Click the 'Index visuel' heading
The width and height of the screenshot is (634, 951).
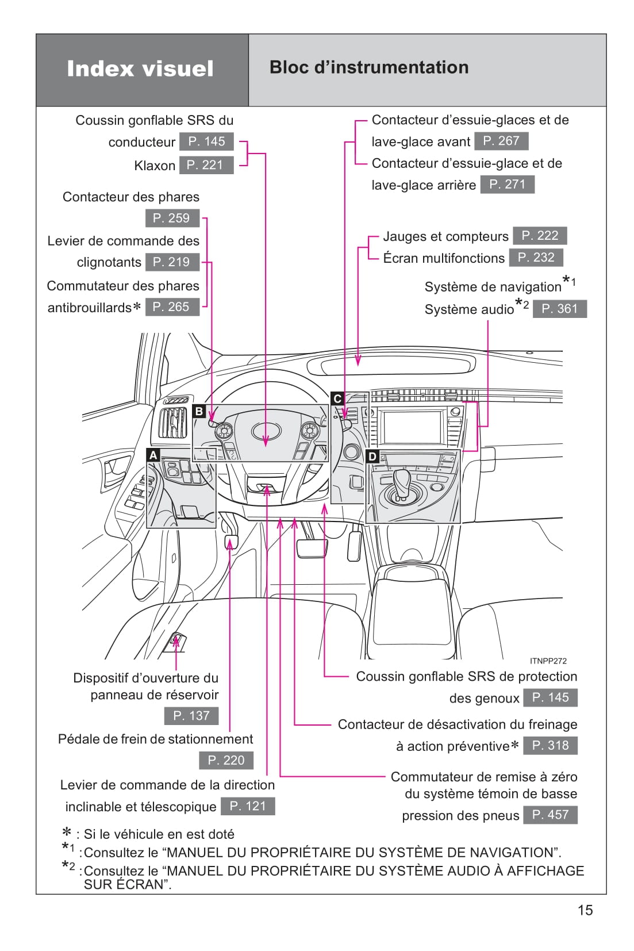[140, 68]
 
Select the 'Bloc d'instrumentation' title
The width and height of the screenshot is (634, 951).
[369, 67]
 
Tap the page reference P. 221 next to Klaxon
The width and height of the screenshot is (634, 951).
[206, 165]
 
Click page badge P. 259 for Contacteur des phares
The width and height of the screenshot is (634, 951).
[172, 218]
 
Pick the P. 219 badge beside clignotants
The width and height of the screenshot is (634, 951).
[172, 262]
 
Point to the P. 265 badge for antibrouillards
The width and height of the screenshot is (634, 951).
[172, 307]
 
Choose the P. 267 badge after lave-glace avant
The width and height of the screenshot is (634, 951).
[501, 141]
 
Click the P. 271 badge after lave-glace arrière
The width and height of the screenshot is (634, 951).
[507, 185]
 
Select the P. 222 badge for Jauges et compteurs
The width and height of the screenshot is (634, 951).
[540, 236]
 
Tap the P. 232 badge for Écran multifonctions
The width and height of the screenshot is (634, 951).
[536, 258]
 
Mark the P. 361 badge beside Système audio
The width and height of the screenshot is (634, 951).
[559, 309]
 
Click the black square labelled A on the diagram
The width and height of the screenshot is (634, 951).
[153, 455]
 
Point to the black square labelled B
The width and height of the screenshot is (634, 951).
[199, 411]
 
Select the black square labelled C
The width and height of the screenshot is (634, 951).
[337, 398]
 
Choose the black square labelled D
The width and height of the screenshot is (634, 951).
[372, 457]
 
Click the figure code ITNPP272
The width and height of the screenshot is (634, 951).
[548, 661]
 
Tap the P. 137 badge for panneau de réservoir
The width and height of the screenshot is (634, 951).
[191, 716]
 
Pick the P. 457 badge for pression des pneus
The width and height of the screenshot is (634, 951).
[550, 815]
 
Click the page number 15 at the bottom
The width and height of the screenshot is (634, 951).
[585, 910]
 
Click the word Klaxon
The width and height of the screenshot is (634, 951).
[155, 166]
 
